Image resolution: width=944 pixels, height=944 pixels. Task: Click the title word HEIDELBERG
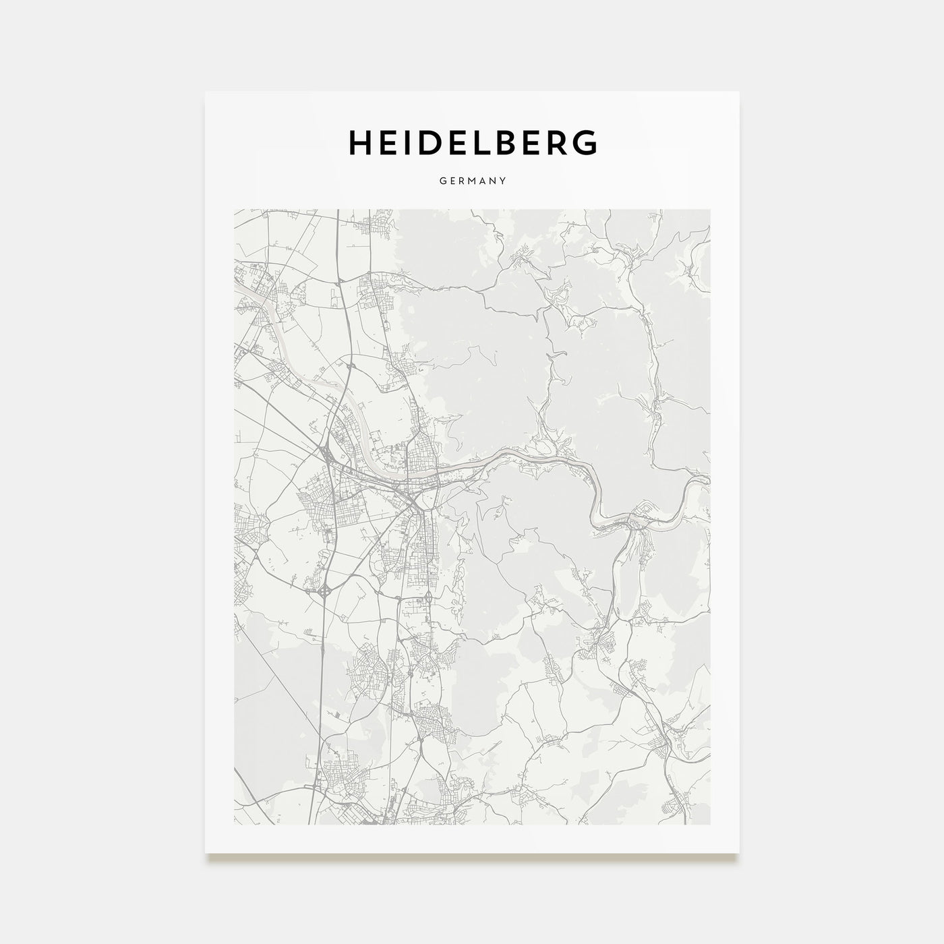472,142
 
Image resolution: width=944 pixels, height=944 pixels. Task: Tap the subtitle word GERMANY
472,181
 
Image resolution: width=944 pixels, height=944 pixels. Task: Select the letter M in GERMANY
471,181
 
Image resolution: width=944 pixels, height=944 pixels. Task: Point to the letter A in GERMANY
482,181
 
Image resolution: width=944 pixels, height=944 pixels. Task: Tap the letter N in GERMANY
493,181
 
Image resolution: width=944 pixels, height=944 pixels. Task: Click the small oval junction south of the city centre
427,599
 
